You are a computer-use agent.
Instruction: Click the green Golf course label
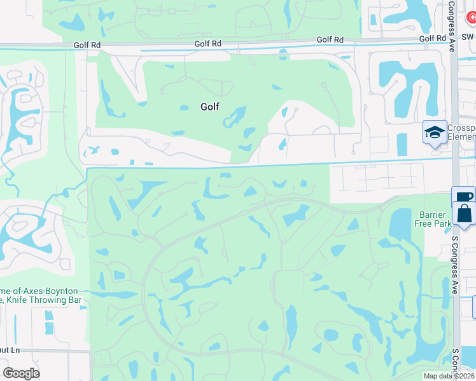coord(210,107)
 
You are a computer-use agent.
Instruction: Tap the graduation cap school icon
coord(435,133)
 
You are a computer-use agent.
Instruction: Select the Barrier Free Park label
coord(434,219)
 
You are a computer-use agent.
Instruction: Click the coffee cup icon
coord(463,197)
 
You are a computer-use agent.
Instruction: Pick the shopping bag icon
coord(465,214)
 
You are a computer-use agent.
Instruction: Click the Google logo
coord(21,373)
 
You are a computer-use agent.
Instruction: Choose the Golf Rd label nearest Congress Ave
coord(433,39)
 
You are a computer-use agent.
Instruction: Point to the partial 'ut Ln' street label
coord(10,350)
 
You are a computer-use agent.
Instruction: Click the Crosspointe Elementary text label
coord(460,132)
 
